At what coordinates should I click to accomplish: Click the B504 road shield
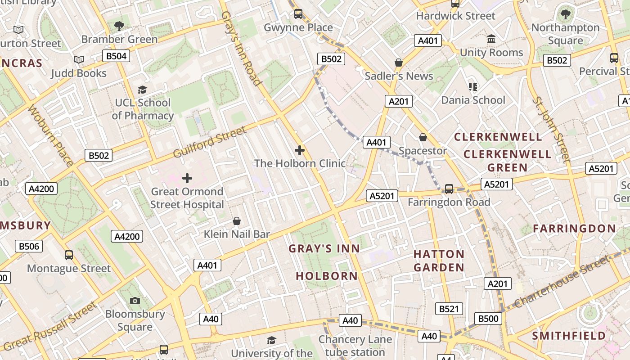[116, 56]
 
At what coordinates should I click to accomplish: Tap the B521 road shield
[449, 309]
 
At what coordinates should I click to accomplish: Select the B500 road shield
[488, 319]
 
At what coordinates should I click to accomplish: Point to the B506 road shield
[29, 246]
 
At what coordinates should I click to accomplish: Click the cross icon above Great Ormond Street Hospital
[187, 178]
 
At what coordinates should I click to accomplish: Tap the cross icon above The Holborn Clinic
[300, 150]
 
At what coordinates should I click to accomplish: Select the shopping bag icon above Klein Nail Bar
[237, 221]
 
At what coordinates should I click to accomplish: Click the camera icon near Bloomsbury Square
[135, 301]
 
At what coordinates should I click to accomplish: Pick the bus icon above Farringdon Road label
[449, 189]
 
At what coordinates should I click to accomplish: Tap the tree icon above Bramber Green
[119, 26]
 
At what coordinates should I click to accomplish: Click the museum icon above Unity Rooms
[491, 39]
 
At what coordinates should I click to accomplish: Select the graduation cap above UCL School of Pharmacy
[142, 90]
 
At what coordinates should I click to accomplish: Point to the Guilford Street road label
[210, 142]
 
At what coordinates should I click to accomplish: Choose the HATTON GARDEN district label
[439, 261]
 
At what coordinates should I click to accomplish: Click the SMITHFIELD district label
[569, 336]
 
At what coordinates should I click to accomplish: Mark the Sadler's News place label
[399, 76]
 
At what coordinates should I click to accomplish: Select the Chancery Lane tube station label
[355, 345]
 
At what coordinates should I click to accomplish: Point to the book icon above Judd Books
[79, 59]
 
